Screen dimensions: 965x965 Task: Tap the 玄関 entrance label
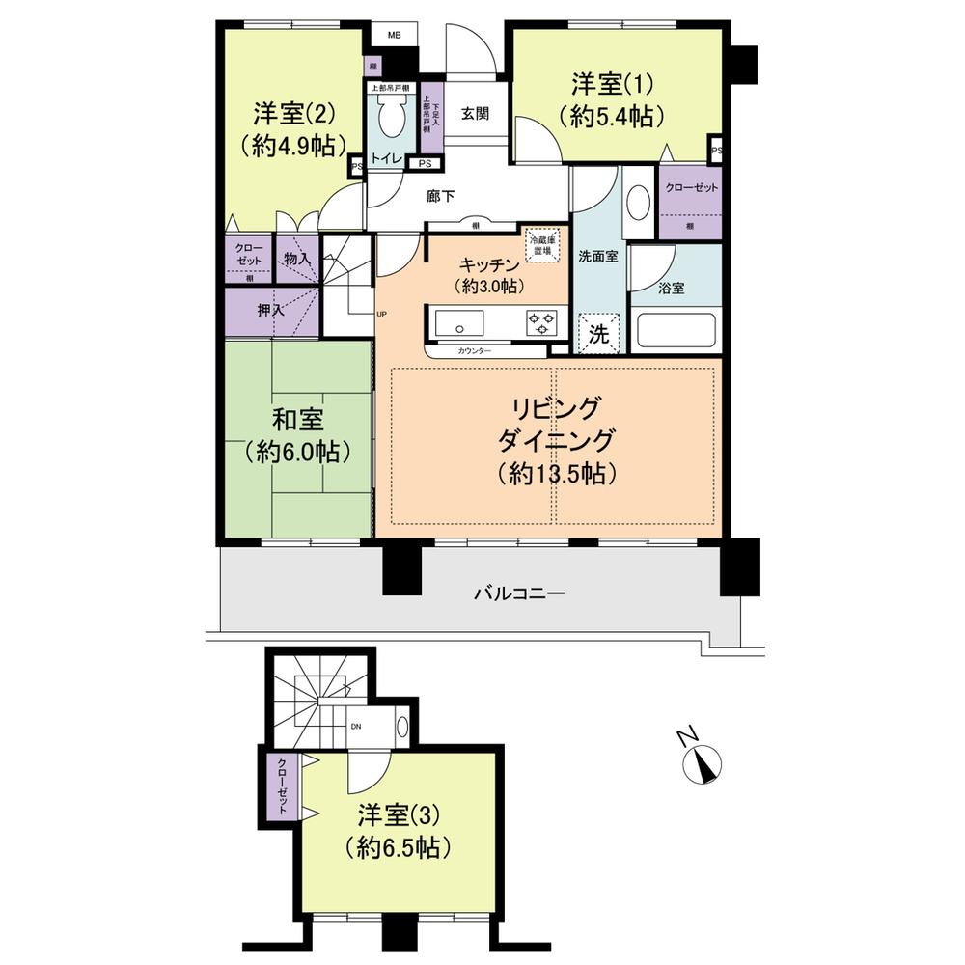pyautogui.click(x=474, y=114)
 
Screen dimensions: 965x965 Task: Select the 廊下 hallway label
pyautogui.click(x=440, y=195)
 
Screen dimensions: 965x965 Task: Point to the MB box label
pyautogui.click(x=395, y=36)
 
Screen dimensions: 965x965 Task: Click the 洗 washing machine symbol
pyautogui.click(x=598, y=336)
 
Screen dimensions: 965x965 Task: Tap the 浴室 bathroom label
pyautogui.click(x=672, y=288)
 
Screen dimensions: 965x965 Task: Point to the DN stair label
pyautogui.click(x=355, y=727)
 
